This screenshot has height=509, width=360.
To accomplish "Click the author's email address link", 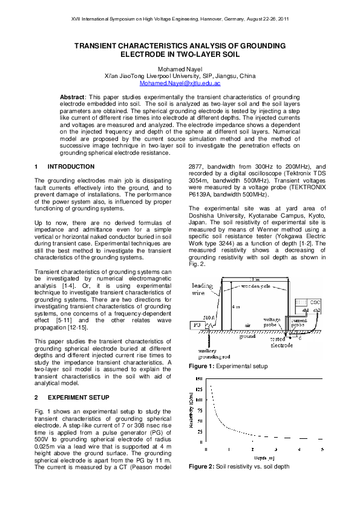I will (180, 83).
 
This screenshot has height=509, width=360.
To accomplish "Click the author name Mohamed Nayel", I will (180, 69).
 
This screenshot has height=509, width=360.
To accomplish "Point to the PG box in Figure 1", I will (197, 324).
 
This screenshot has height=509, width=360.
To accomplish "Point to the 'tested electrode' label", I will (282, 342).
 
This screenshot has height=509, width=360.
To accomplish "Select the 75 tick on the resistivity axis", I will (200, 410).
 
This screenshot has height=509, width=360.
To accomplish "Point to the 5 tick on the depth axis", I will (321, 449).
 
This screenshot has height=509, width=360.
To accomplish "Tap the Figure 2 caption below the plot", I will (238, 467).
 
